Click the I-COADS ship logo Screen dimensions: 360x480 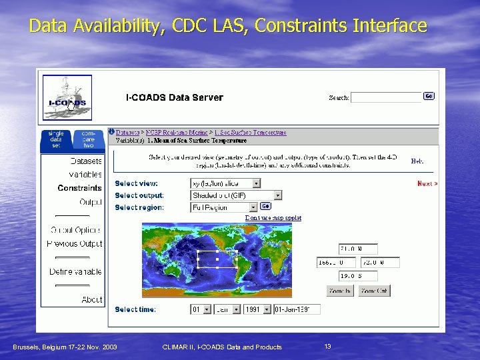67,97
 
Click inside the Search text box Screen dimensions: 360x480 387,97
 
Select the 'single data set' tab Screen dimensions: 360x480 56,139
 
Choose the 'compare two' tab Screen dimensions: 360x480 89,139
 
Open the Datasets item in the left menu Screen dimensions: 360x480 86,161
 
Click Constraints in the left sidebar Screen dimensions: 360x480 79,188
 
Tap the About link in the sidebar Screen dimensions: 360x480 92,300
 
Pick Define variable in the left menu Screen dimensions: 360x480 75,272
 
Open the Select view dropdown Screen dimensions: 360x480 225,183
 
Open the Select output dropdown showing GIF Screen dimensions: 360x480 236,195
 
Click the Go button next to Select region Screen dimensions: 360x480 265,207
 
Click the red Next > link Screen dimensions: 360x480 427,183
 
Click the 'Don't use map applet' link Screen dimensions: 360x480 273,218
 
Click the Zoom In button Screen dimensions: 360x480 340,291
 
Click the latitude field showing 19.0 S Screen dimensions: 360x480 359,275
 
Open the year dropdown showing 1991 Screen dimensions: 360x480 257,309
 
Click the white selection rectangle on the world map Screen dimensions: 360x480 217,259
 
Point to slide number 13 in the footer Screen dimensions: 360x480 327,347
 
